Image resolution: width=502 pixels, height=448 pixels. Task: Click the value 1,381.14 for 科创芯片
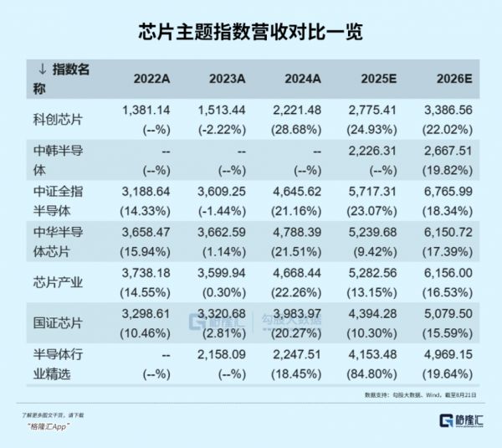[146, 111]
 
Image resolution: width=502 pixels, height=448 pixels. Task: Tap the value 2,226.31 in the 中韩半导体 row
[372, 151]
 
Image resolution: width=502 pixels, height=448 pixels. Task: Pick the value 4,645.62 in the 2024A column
[297, 191]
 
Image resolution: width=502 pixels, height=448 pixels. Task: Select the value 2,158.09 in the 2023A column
[221, 353]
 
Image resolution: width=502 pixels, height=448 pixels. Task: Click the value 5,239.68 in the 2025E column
[372, 232]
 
